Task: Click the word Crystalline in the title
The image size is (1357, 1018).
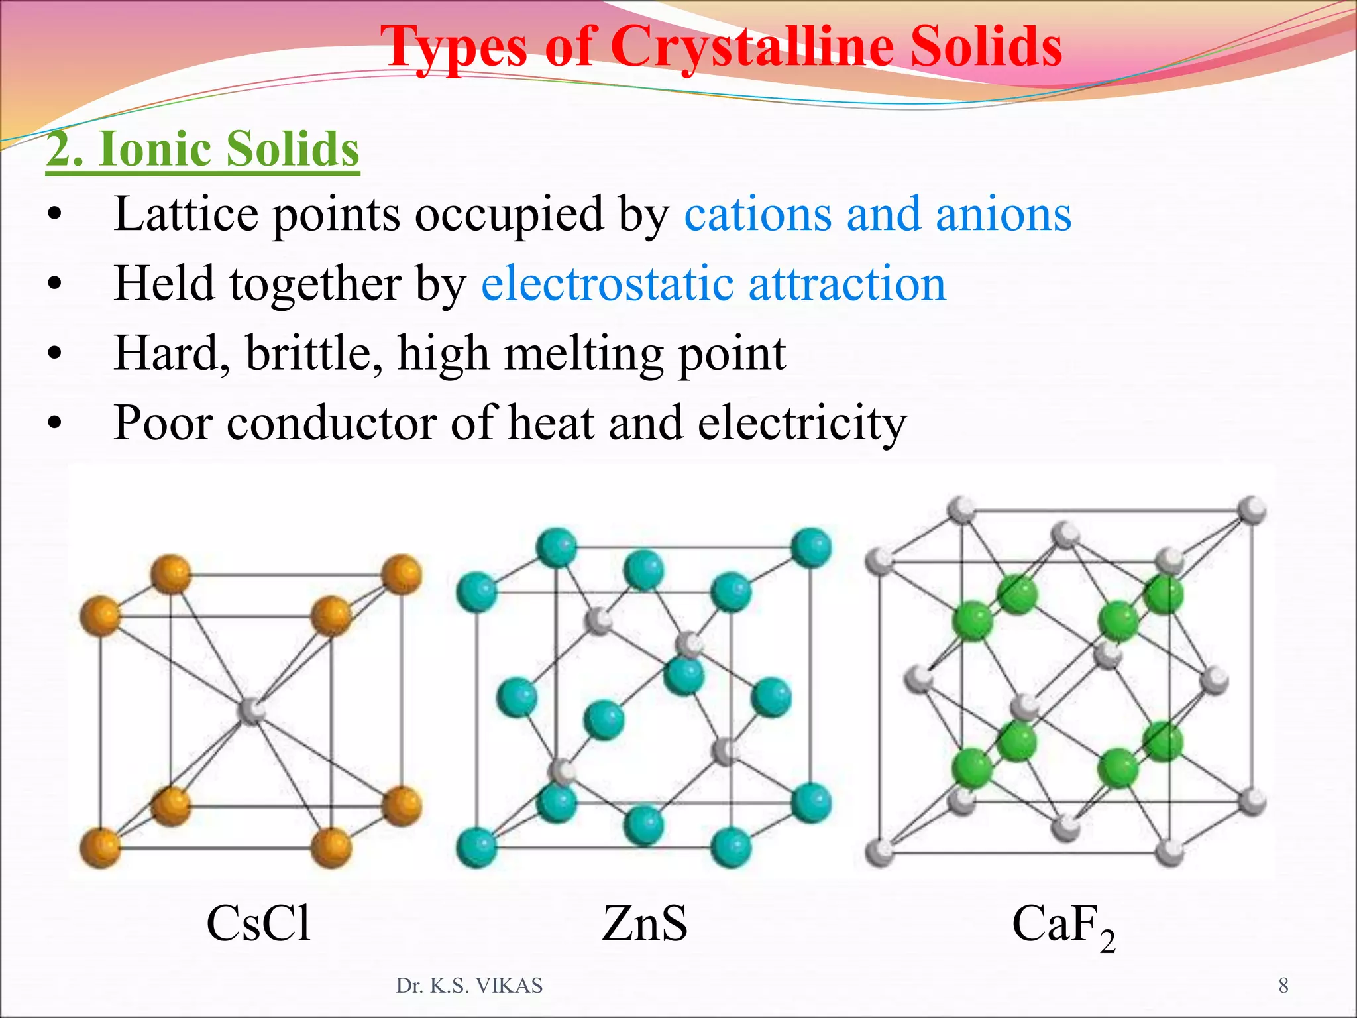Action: tap(751, 46)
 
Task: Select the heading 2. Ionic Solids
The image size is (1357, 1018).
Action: tap(203, 148)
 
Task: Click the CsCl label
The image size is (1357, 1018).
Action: tap(258, 923)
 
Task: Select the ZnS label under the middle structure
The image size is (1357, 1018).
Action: tap(645, 923)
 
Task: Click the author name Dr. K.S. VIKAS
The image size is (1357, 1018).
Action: tap(469, 986)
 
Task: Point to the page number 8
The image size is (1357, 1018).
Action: tap(1283, 986)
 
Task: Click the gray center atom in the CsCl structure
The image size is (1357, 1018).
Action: tap(252, 710)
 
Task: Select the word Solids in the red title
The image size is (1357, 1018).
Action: tap(986, 46)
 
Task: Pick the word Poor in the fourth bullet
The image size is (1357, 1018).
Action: tap(162, 423)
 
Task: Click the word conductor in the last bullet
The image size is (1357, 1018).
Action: tap(331, 423)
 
